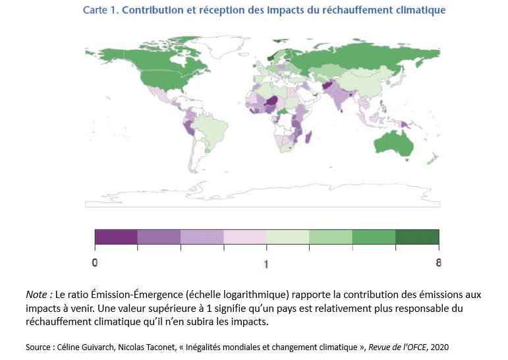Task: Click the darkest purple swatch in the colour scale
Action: pyautogui.click(x=116, y=237)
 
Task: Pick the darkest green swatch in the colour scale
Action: pyautogui.click(x=417, y=237)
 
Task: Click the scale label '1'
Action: pyautogui.click(x=267, y=264)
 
